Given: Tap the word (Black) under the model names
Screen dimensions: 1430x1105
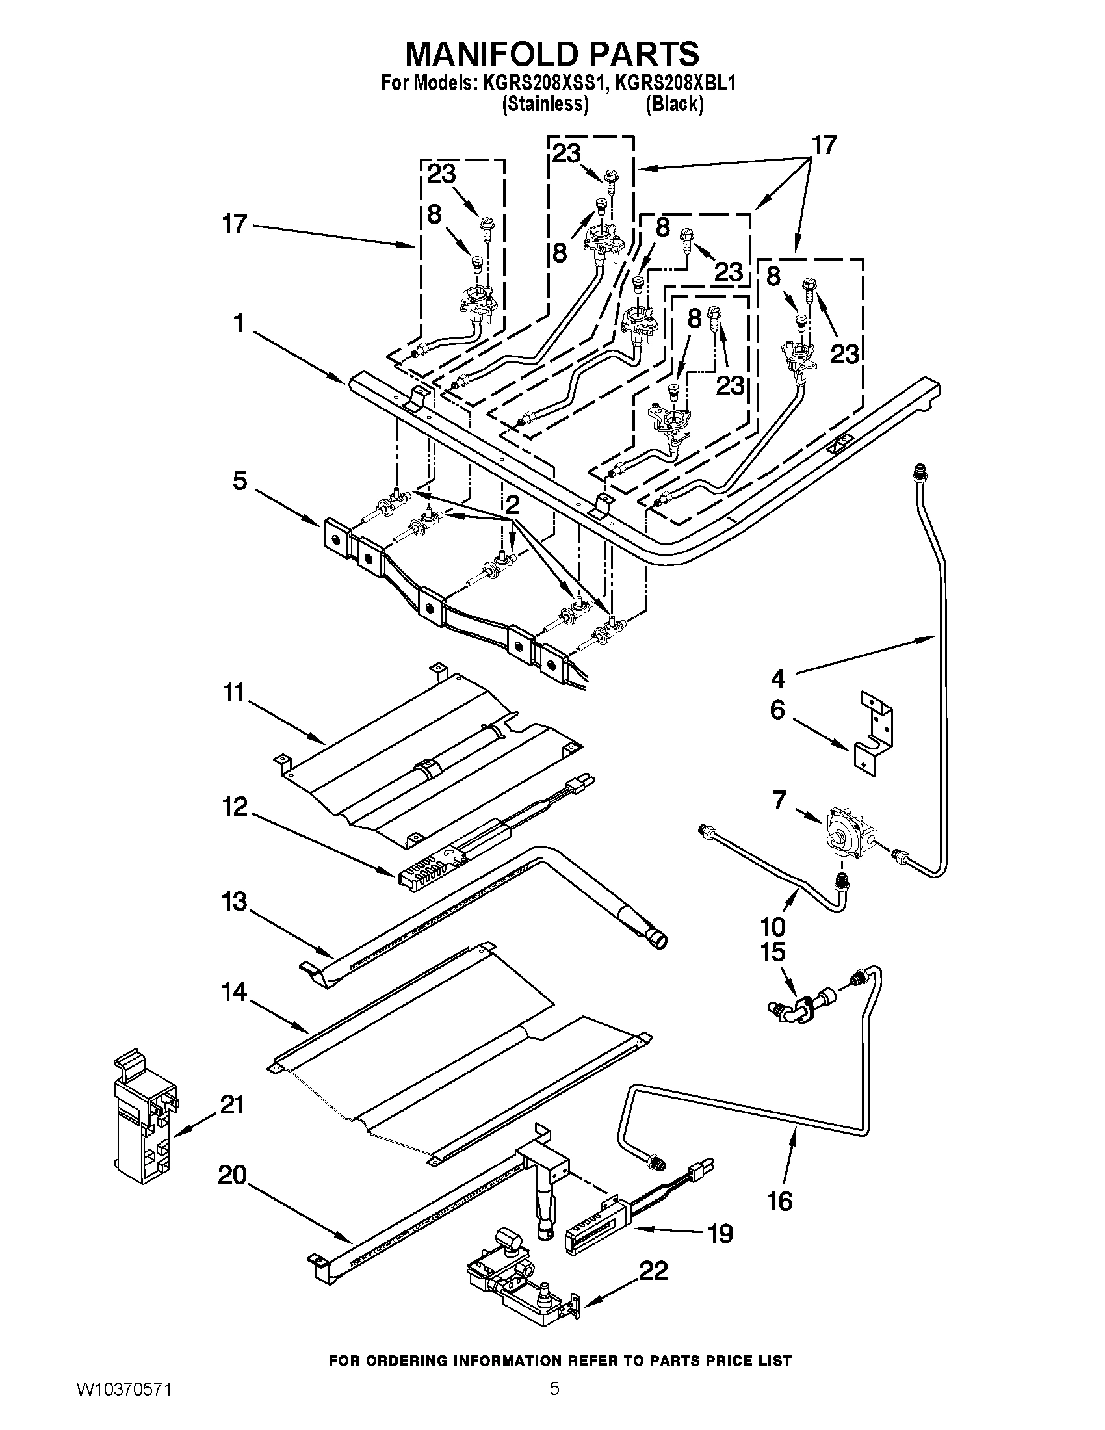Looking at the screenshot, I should click(674, 104).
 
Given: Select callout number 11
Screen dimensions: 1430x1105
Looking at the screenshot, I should click(234, 692).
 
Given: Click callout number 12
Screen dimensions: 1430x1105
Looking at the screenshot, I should click(234, 807).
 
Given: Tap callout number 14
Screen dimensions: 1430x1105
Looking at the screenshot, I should click(234, 992).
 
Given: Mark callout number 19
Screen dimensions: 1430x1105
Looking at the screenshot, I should click(720, 1234).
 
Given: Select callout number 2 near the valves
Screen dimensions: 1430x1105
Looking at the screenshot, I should click(513, 504).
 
